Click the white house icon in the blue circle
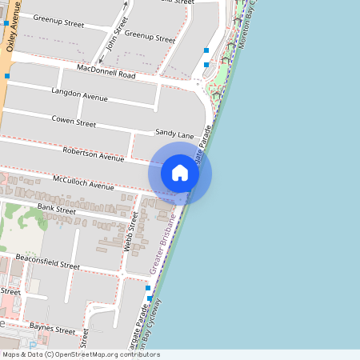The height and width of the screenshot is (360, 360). click(180, 173)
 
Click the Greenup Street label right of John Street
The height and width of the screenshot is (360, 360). click(150, 37)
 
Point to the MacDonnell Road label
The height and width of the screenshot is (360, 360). click(106, 74)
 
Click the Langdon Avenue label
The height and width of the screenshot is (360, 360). click(78, 96)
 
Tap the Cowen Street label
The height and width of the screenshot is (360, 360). click(74, 122)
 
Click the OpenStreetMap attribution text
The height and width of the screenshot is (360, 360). click(81, 354)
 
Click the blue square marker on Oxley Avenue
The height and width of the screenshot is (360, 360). click(7, 76)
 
